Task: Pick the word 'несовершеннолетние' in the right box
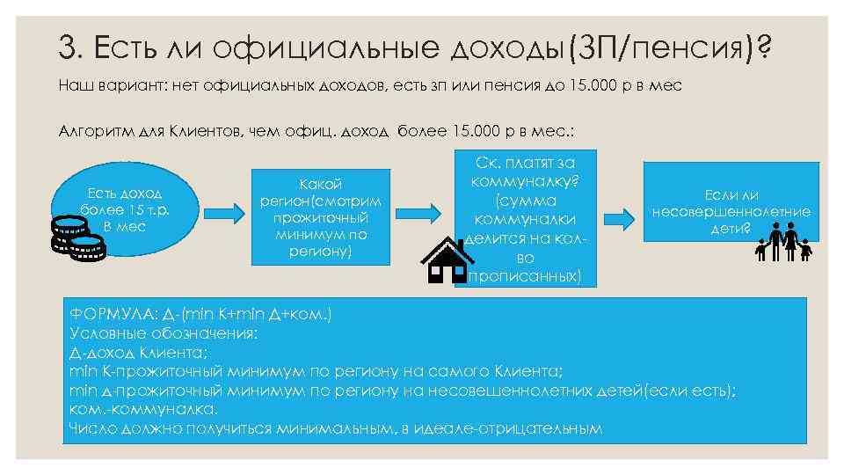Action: (x=731, y=211)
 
